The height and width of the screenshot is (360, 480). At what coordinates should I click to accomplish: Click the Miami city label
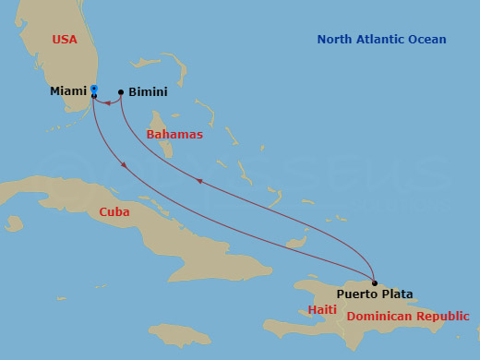pos(67,92)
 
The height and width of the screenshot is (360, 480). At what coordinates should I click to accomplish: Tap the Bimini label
pos(149,92)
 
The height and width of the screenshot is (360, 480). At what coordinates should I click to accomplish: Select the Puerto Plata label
pos(374,294)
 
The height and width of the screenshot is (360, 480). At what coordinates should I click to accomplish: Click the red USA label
pos(65,40)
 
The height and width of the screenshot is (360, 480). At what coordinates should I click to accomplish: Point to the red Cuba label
pos(114,211)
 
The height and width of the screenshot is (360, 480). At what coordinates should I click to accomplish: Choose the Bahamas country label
pos(174,135)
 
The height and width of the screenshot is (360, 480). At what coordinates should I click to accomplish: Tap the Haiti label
pos(322,310)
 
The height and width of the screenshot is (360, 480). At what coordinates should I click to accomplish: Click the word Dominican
pos(378,317)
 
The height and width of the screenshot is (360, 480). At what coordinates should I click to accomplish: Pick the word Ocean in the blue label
pos(428,40)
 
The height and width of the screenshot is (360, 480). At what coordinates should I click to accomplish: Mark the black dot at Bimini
pos(121,92)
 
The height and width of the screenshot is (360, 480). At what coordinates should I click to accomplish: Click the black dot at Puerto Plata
pos(374,282)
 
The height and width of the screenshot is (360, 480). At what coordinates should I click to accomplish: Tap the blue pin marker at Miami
pos(94,90)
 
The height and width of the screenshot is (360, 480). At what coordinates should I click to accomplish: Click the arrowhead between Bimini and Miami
pos(108,103)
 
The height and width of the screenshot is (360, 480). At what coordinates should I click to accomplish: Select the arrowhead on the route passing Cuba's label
pos(125,165)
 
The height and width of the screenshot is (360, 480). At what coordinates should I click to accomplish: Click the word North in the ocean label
pos(335,40)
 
